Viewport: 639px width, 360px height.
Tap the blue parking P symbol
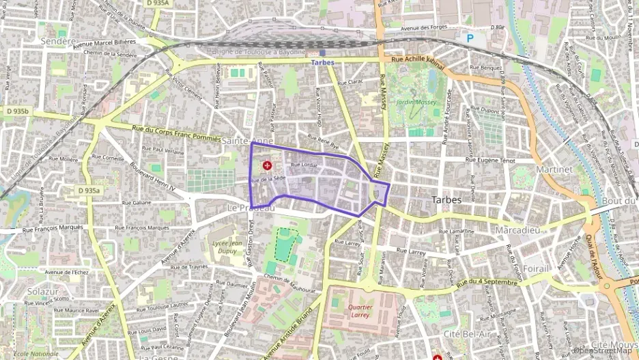pos(470,40)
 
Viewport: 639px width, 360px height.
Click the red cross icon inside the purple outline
pos(267,165)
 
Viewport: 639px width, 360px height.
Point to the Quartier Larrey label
pos(358,311)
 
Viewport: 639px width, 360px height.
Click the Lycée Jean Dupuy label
pos(227,247)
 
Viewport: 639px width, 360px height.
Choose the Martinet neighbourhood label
pos(554,168)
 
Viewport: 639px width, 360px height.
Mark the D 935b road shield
pos(18,110)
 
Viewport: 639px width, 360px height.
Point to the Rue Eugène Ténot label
pos(490,159)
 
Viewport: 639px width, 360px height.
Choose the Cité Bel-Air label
pos(467,333)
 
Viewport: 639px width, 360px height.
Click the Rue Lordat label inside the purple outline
pos(304,165)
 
